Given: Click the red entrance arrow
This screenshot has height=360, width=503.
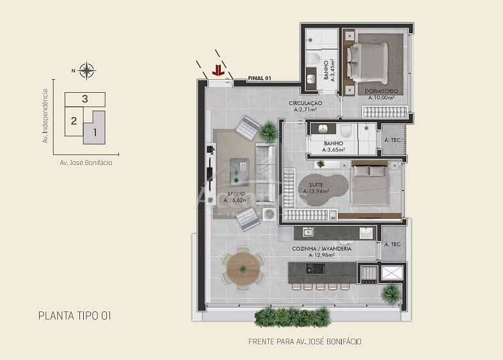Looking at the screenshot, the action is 218,70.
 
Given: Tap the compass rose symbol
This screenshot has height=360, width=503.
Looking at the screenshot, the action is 86,70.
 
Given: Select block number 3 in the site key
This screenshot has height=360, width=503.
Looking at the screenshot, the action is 84,98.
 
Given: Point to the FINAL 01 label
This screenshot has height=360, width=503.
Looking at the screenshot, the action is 260,78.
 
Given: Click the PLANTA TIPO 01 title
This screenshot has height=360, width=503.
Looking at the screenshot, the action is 74,316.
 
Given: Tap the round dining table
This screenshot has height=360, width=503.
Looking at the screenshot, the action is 243,269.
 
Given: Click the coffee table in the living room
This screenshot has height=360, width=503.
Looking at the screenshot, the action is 239,172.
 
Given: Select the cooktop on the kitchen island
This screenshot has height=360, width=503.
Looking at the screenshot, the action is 315,269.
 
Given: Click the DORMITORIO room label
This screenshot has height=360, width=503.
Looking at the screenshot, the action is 381,91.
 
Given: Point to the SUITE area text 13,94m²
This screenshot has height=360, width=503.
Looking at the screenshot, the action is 316,191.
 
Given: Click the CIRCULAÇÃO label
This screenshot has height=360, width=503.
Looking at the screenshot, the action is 305,103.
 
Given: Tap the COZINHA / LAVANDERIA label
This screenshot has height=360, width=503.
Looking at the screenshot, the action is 322,249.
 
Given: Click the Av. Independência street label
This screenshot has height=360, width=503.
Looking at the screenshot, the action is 45,116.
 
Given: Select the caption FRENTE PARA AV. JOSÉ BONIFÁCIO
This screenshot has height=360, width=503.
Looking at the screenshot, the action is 305,341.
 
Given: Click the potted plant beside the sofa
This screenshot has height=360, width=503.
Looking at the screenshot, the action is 269,131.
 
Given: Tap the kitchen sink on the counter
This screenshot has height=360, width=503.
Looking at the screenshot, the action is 308,232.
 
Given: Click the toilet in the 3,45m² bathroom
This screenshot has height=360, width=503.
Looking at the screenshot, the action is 313,59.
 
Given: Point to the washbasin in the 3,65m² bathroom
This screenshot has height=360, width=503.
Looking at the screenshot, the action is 323,129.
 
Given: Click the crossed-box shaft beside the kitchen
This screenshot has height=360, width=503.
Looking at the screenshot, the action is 392,272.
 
